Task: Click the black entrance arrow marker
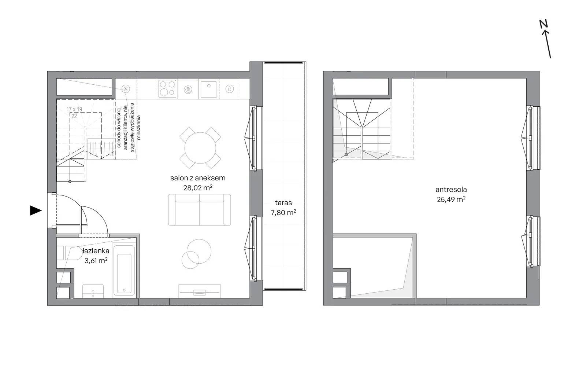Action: point(36,210)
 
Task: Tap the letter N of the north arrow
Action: point(544,24)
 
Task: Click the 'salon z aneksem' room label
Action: point(198,178)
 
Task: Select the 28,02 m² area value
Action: point(198,188)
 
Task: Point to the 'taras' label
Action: point(283,202)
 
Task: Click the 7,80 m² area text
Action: point(283,212)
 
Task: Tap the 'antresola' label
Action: point(451,190)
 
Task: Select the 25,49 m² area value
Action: point(451,199)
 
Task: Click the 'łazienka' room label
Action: point(96,251)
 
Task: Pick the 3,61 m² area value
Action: point(96,261)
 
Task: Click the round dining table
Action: point(200,148)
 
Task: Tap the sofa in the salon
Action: point(199,210)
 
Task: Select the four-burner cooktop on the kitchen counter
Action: point(167,88)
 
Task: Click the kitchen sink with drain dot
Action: point(208,89)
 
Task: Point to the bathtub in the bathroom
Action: point(124,270)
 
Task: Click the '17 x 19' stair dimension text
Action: point(74,109)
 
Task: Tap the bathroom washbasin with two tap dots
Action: point(93,291)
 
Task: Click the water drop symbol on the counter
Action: point(230,89)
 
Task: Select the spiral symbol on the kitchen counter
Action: point(188,89)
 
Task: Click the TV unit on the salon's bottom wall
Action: point(199,291)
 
